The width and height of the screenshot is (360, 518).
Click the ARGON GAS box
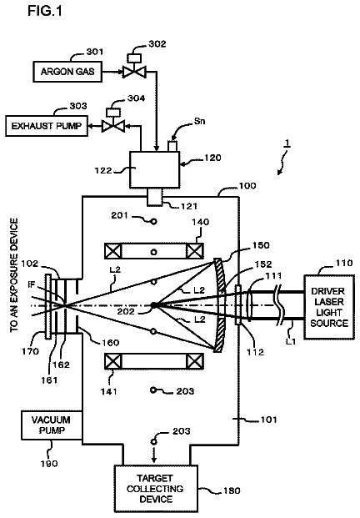[67, 72]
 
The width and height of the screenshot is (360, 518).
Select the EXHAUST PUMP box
[47, 126]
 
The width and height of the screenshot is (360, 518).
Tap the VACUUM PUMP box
[52, 425]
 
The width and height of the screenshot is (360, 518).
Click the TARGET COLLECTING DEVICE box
[156, 489]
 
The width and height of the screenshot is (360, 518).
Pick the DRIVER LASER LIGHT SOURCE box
[329, 307]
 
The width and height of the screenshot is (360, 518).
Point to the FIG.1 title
[45, 11]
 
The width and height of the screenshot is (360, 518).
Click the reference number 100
[247, 186]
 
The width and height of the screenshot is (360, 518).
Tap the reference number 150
[261, 245]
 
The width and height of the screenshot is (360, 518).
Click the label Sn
[199, 121]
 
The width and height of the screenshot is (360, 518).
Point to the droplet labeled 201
[154, 221]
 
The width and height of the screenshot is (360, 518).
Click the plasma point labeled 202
[153, 305]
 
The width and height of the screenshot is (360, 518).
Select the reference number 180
[232, 490]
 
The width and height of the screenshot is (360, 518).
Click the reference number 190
[49, 464]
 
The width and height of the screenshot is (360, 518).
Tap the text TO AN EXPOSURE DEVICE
[14, 275]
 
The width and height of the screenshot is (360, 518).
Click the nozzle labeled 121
[155, 197]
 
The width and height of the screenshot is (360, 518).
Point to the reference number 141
[109, 391]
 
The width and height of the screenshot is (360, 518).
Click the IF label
[32, 284]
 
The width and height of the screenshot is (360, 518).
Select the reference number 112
[255, 353]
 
